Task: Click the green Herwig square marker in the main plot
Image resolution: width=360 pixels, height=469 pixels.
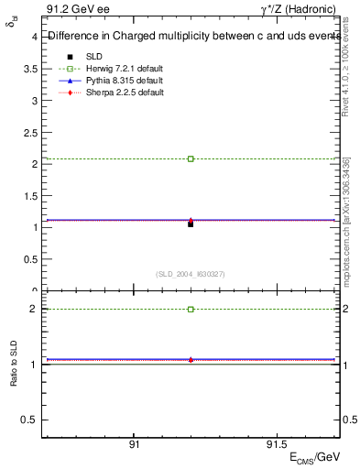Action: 191,158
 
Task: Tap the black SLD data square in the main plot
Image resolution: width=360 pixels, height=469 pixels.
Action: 191,224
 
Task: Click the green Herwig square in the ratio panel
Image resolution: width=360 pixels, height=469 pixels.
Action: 191,310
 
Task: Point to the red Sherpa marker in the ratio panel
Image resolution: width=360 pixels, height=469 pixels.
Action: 191,360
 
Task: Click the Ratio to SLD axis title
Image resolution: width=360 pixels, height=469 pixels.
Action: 14,378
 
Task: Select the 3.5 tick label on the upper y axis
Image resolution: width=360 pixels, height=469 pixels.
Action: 30,70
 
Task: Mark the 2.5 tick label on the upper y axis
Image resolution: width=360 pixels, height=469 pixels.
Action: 30,133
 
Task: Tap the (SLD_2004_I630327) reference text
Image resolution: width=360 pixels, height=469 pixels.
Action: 191,273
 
